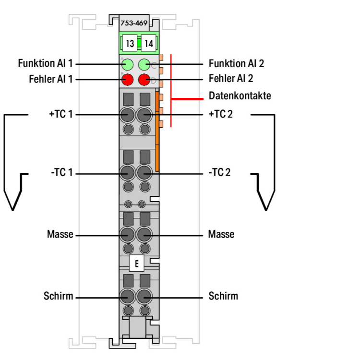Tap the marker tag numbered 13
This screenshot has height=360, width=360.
click(x=130, y=44)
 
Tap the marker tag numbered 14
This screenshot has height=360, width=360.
click(x=149, y=44)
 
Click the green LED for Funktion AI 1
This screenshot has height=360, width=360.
click(x=127, y=64)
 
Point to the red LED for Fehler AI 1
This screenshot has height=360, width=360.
click(x=127, y=79)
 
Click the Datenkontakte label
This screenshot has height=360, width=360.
click(x=240, y=96)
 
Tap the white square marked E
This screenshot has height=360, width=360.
click(x=137, y=264)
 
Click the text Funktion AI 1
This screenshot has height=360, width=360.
click(x=46, y=63)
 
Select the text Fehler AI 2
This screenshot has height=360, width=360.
click(x=230, y=79)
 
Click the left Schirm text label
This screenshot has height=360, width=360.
click(x=59, y=296)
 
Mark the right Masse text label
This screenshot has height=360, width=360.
click(x=221, y=235)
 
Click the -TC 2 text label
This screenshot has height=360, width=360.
click(x=219, y=172)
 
